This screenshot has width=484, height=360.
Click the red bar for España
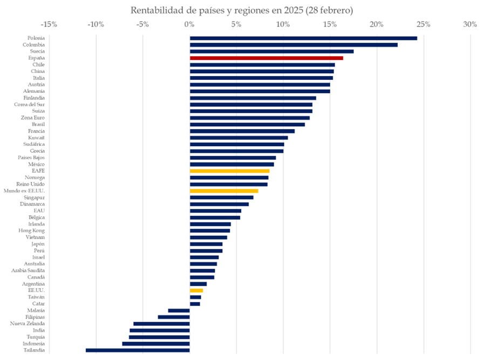click(x=266, y=58)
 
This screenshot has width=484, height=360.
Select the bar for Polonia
click(x=303, y=38)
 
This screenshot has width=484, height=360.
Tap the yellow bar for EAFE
click(x=229, y=171)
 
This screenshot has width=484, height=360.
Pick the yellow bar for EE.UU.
click(x=196, y=290)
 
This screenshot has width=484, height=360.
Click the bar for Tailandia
click(x=138, y=350)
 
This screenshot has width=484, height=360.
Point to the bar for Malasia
click(x=179, y=310)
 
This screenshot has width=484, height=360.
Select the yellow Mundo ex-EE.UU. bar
click(x=224, y=191)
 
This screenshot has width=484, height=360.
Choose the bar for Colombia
click(x=294, y=45)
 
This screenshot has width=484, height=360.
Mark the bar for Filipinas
click(x=174, y=317)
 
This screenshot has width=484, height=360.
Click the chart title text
click(x=242, y=10)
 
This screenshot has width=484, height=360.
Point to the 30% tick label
click(x=470, y=24)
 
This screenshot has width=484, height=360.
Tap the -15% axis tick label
click(x=49, y=24)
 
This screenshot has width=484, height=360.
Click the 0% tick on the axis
click(x=189, y=24)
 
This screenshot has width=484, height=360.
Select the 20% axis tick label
click(x=377, y=24)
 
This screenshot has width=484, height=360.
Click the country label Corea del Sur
click(x=30, y=104)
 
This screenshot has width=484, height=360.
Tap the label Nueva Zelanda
click(x=28, y=324)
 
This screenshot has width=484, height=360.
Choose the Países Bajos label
click(x=31, y=158)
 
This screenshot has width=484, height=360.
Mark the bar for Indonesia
click(x=156, y=344)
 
